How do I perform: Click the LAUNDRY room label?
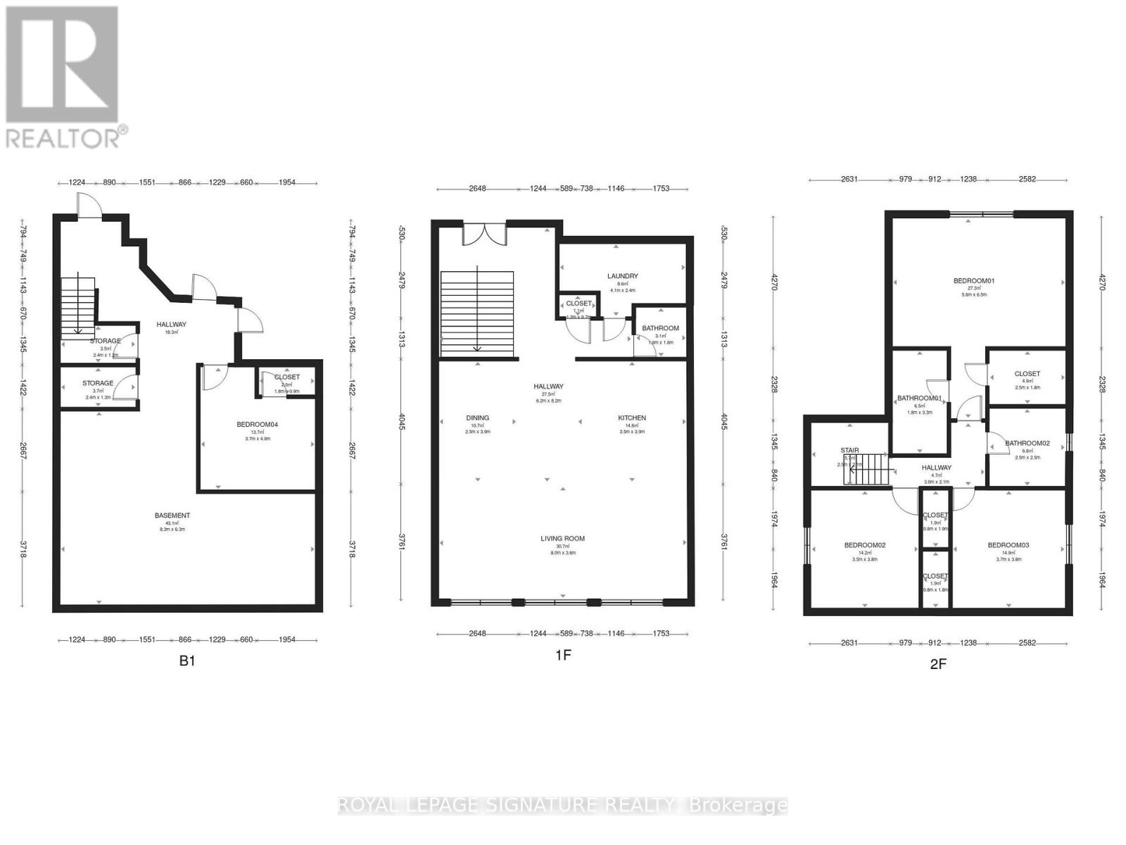point(622,276)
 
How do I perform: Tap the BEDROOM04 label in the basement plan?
point(257,425)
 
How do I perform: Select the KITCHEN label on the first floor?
point(631,418)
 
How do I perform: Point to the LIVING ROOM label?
point(562,539)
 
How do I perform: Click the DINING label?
point(477,418)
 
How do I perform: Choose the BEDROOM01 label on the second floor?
point(973,281)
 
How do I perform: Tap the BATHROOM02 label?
point(1027,443)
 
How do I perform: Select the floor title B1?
point(186,661)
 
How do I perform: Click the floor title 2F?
point(937,664)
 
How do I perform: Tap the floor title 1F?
point(562,656)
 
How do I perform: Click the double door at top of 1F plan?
point(484,234)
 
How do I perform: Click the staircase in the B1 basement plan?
point(77,306)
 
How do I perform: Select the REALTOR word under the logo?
point(63,137)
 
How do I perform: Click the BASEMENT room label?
point(172,515)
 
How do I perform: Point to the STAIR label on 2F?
point(849,451)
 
